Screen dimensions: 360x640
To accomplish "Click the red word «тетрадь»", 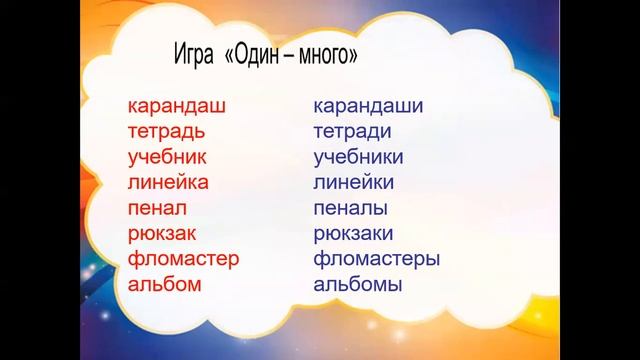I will pyautogui.click(x=167, y=131).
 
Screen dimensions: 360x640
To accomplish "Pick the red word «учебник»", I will pyautogui.click(x=167, y=157).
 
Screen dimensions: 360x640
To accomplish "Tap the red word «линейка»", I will pyautogui.click(x=168, y=182).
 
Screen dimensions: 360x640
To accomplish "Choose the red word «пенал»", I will pyautogui.click(x=158, y=208).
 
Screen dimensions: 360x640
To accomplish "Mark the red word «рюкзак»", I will pyautogui.click(x=165, y=234).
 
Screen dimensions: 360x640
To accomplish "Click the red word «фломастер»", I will pyautogui.click(x=184, y=259).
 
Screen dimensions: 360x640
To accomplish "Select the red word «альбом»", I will pyautogui.click(x=165, y=284).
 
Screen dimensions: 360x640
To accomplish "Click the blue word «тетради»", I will pyautogui.click(x=353, y=131).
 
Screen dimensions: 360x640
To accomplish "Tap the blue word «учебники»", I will pyautogui.click(x=358, y=157).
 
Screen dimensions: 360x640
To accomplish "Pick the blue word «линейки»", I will pyautogui.click(x=354, y=182).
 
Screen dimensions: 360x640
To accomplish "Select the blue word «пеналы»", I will pyautogui.click(x=350, y=208).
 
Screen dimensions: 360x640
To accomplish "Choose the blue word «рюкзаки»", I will pyautogui.click(x=354, y=234).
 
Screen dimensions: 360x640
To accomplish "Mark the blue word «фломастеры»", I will pyautogui.click(x=377, y=259).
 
